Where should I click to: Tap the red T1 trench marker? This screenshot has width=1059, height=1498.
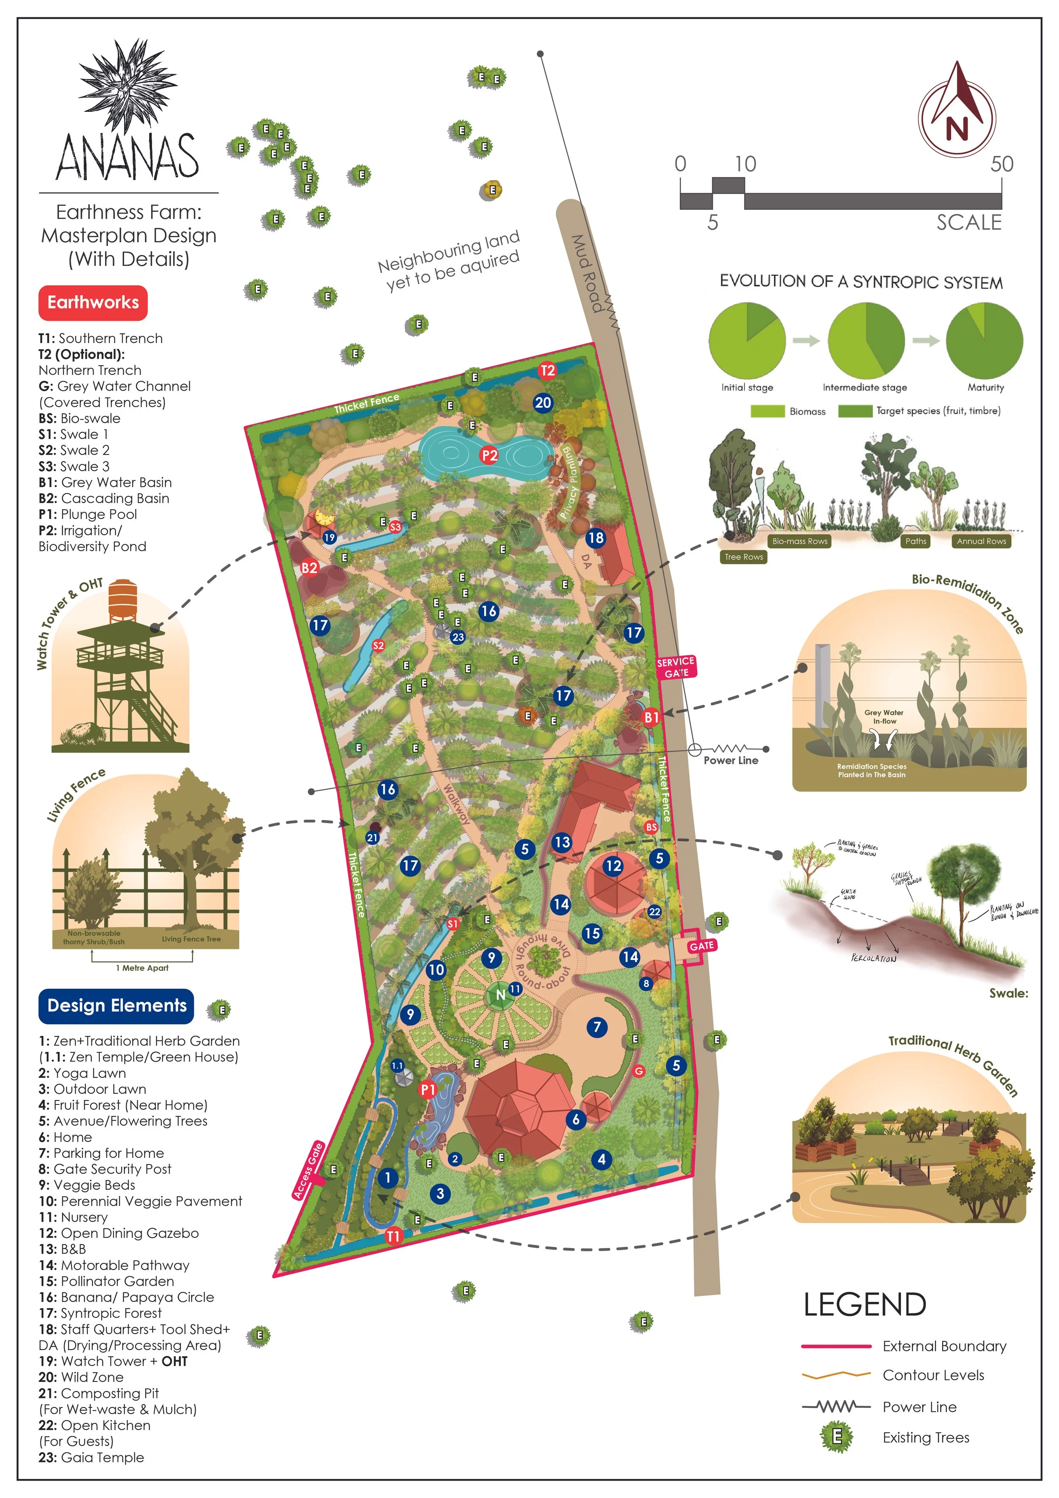tap(393, 1236)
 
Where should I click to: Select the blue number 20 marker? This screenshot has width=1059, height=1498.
tap(543, 402)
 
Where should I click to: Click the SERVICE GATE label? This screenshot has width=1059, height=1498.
tap(676, 667)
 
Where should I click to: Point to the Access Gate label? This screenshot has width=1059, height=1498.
tap(308, 1171)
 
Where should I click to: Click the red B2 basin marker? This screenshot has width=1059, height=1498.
tap(309, 568)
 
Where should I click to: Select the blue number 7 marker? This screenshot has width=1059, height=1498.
tap(596, 1027)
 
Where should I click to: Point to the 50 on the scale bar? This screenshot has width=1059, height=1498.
tap(1001, 164)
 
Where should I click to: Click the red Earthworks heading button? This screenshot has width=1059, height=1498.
tap(93, 303)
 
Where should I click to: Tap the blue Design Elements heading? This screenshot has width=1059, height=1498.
tap(117, 1005)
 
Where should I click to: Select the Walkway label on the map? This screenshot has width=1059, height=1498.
tap(456, 803)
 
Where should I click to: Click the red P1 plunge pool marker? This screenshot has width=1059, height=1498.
tap(428, 1089)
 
